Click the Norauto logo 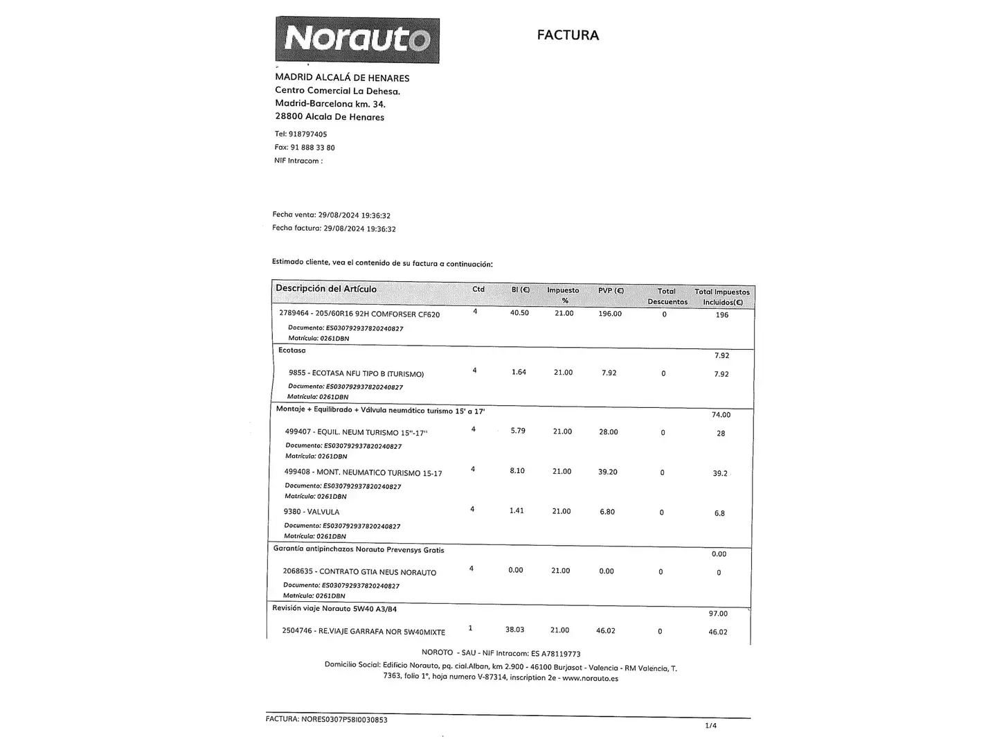pyautogui.click(x=357, y=40)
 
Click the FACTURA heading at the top pyautogui.click(x=568, y=35)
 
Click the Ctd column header pyautogui.click(x=478, y=290)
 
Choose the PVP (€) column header pyautogui.click(x=611, y=291)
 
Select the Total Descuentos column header pyautogui.click(x=667, y=296)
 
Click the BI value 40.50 pyautogui.click(x=519, y=313)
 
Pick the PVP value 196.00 pyautogui.click(x=610, y=314)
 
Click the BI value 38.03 pyautogui.click(x=514, y=630)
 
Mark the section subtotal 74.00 pyautogui.click(x=721, y=415)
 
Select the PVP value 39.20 pyautogui.click(x=607, y=472)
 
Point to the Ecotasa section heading pyautogui.click(x=292, y=350)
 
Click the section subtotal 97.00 pyautogui.click(x=718, y=614)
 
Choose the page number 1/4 pyautogui.click(x=710, y=726)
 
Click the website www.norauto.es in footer pyautogui.click(x=590, y=679)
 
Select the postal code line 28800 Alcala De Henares pyautogui.click(x=330, y=117)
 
